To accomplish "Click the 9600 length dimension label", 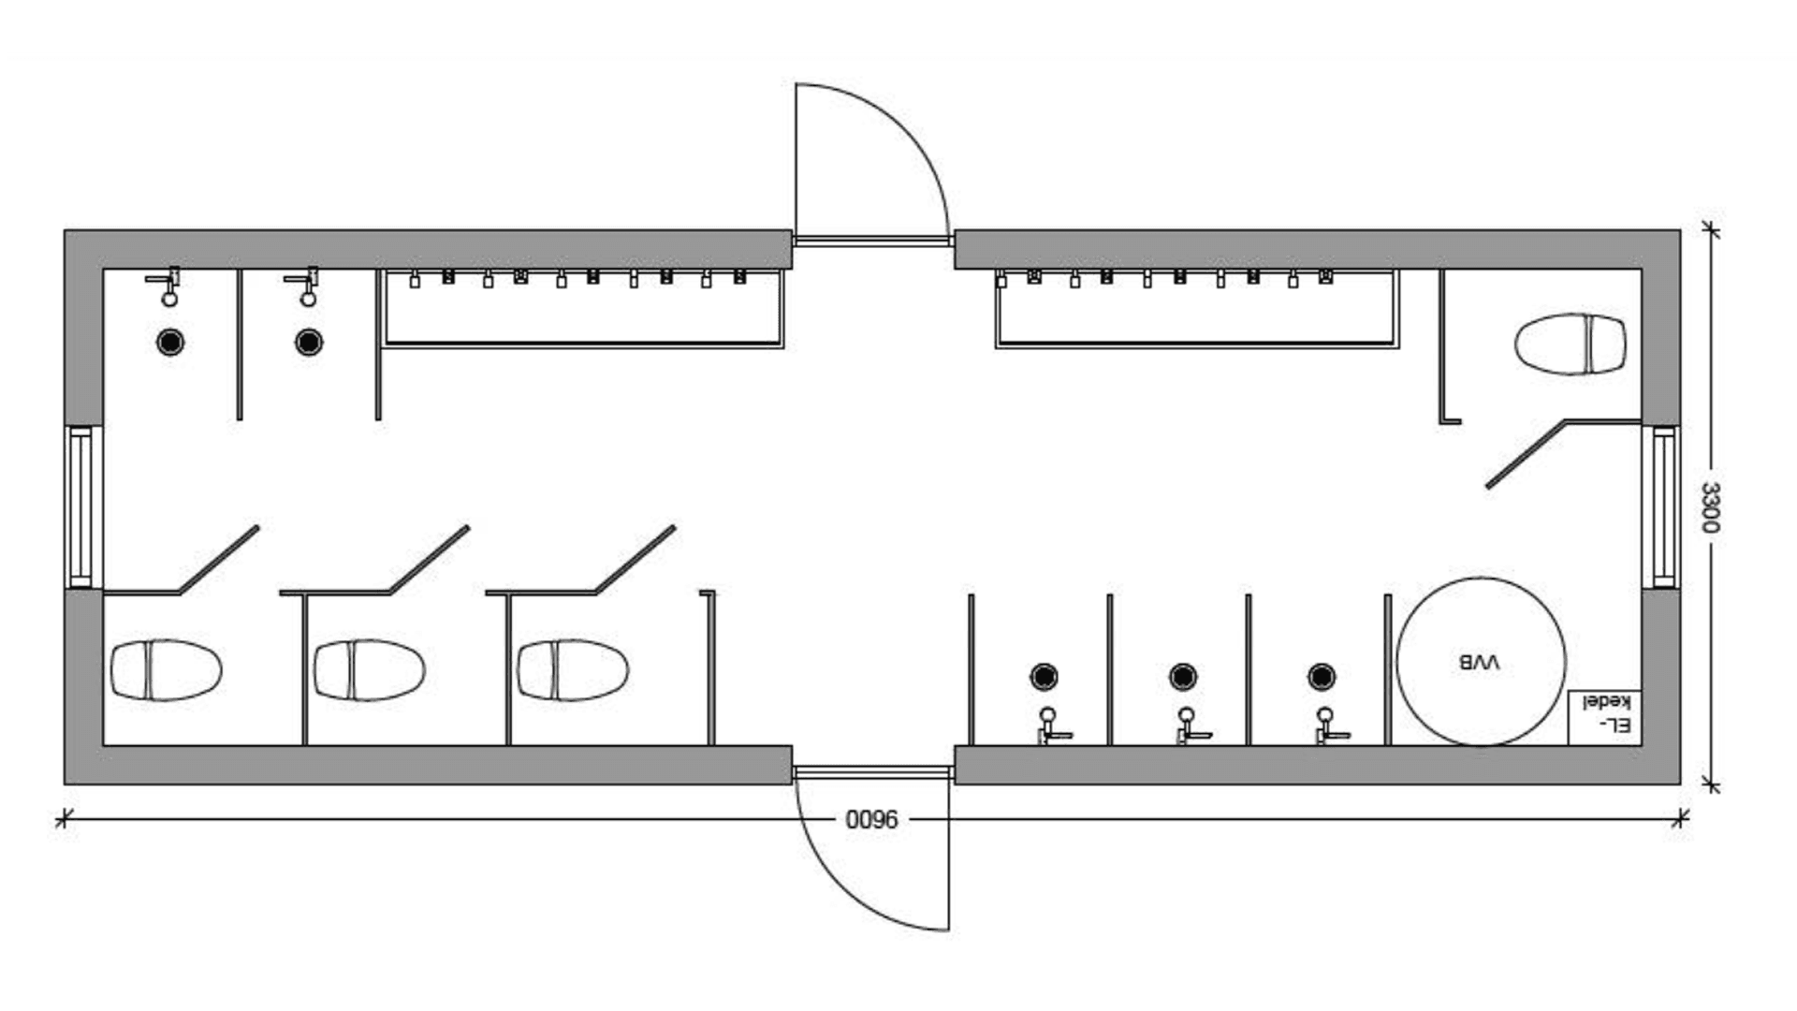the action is pyautogui.click(x=871, y=820).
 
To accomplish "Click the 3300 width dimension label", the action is pyautogui.click(x=1709, y=507).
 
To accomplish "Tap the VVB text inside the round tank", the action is pyautogui.click(x=1479, y=663).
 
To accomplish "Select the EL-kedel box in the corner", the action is pyautogui.click(x=1604, y=718).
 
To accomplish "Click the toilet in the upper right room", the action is pyautogui.click(x=1571, y=344).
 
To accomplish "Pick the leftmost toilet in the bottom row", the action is pyautogui.click(x=167, y=670).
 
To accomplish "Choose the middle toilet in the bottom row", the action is pyautogui.click(x=370, y=670).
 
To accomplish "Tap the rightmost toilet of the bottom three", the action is pyautogui.click(x=573, y=670).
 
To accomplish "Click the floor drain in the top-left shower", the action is pyautogui.click(x=170, y=343).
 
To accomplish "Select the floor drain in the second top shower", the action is pyautogui.click(x=309, y=343).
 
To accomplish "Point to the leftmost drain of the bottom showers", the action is pyautogui.click(x=1045, y=676).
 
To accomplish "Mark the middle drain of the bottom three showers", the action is pyautogui.click(x=1183, y=676).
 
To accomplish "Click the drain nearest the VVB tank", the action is pyautogui.click(x=1322, y=676).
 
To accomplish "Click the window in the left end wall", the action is pyautogui.click(x=81, y=506).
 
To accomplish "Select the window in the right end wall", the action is pyautogui.click(x=1663, y=506).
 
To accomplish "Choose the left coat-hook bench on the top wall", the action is pyautogui.click(x=584, y=309).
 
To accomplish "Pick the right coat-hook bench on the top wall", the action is pyautogui.click(x=1196, y=309).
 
